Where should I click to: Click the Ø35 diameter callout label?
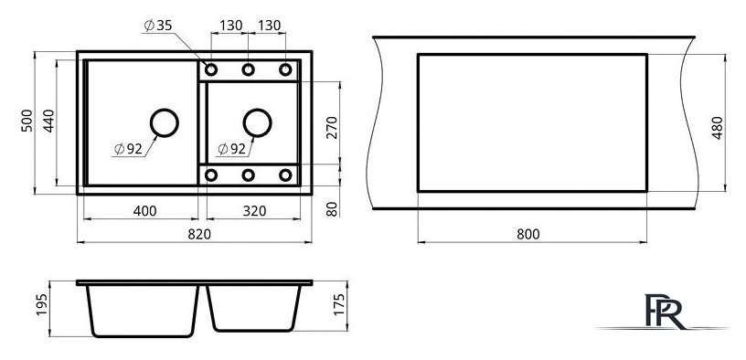pyautogui.click(x=158, y=26)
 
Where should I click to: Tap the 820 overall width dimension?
pyautogui.click(x=199, y=235)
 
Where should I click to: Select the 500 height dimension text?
pyautogui.click(x=27, y=121)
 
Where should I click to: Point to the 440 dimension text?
pyautogui.click(x=49, y=121)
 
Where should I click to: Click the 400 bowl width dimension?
pyautogui.click(x=145, y=211)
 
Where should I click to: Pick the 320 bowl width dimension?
pyautogui.click(x=254, y=211)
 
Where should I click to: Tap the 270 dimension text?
pyautogui.click(x=332, y=127)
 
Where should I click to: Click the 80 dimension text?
pyautogui.click(x=332, y=208)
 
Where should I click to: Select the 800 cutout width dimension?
pyautogui.click(x=528, y=234)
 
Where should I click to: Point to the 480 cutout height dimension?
pyautogui.click(x=718, y=127)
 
